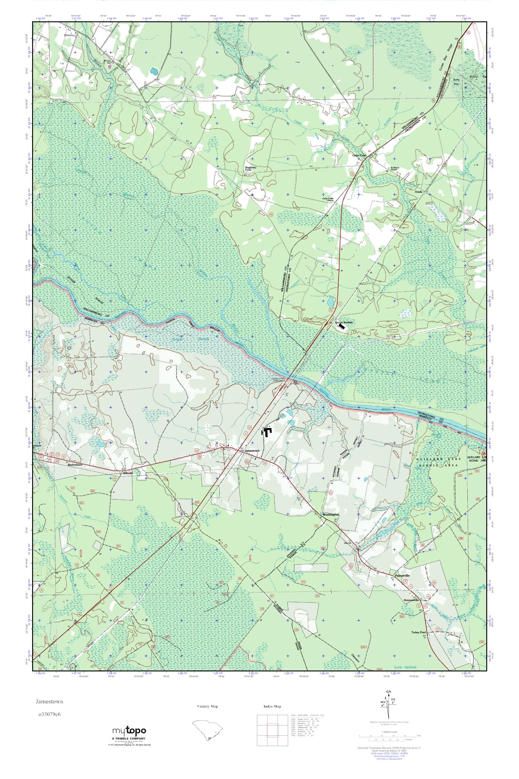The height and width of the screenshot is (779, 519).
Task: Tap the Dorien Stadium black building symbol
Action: pyautogui.click(x=341, y=326)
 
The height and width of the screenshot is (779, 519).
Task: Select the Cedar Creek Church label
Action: pyautogui.click(x=330, y=199)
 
